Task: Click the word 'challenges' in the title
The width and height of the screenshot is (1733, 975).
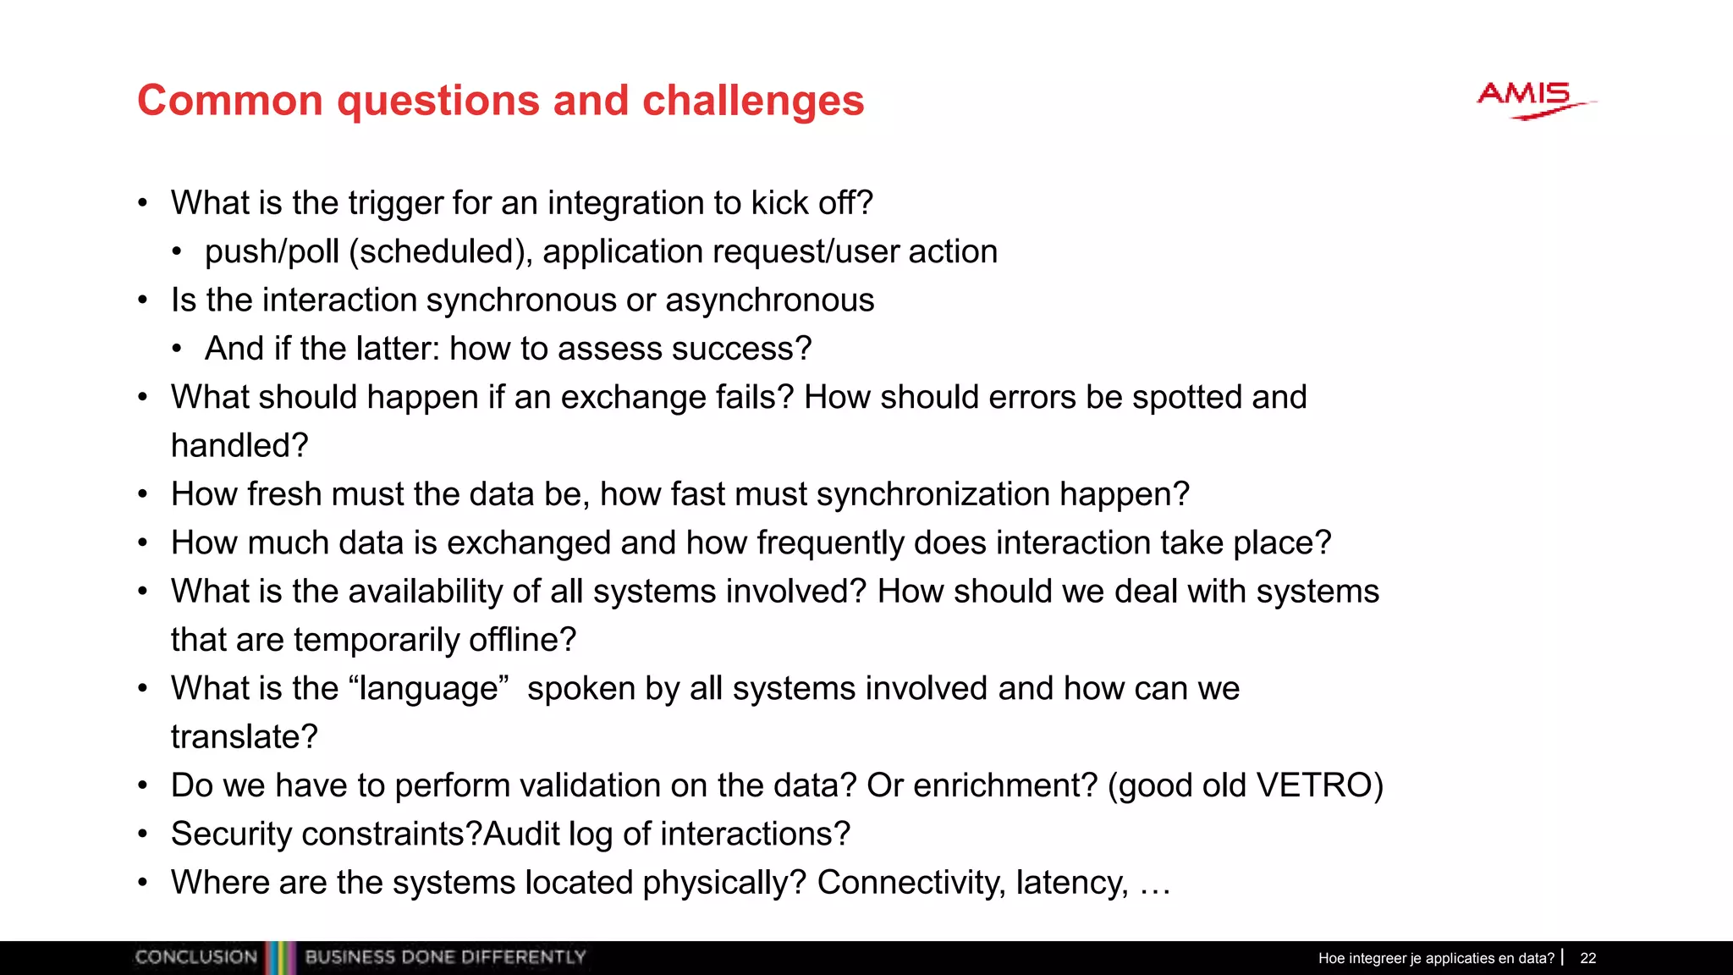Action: pyautogui.click(x=753, y=101)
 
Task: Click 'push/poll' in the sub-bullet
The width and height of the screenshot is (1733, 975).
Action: pyautogui.click(x=272, y=252)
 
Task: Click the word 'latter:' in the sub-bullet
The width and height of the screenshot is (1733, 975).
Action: pyautogui.click(x=398, y=349)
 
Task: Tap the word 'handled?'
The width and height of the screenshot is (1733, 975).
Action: pyautogui.click(x=239, y=446)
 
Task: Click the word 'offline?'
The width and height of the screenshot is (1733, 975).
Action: pyautogui.click(x=522, y=641)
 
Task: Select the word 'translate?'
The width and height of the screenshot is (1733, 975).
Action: pyautogui.click(x=244, y=737)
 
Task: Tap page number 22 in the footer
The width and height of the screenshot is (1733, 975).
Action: pyautogui.click(x=1587, y=958)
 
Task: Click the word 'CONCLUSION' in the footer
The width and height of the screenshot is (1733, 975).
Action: pyautogui.click(x=195, y=957)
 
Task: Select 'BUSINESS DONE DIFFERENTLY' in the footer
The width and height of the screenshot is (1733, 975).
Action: pyautogui.click(x=445, y=957)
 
